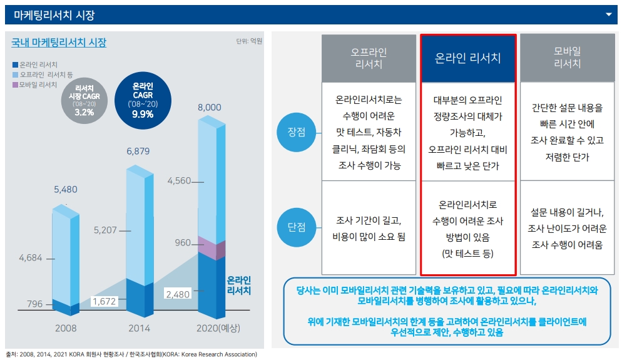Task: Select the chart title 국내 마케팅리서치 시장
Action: click(x=59, y=43)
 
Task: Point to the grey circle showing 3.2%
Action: click(x=84, y=100)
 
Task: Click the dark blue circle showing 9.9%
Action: click(x=143, y=100)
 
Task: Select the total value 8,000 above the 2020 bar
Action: click(x=209, y=107)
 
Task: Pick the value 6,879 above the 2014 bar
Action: click(x=138, y=152)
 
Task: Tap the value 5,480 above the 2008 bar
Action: click(x=65, y=189)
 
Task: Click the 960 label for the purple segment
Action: click(x=183, y=243)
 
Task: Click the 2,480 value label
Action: click(x=178, y=293)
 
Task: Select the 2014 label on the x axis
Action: click(x=139, y=328)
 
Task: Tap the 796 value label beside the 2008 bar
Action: click(x=35, y=304)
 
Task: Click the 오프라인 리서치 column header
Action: click(x=369, y=58)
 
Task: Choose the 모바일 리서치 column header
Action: click(x=568, y=58)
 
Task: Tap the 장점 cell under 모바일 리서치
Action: click(x=568, y=132)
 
